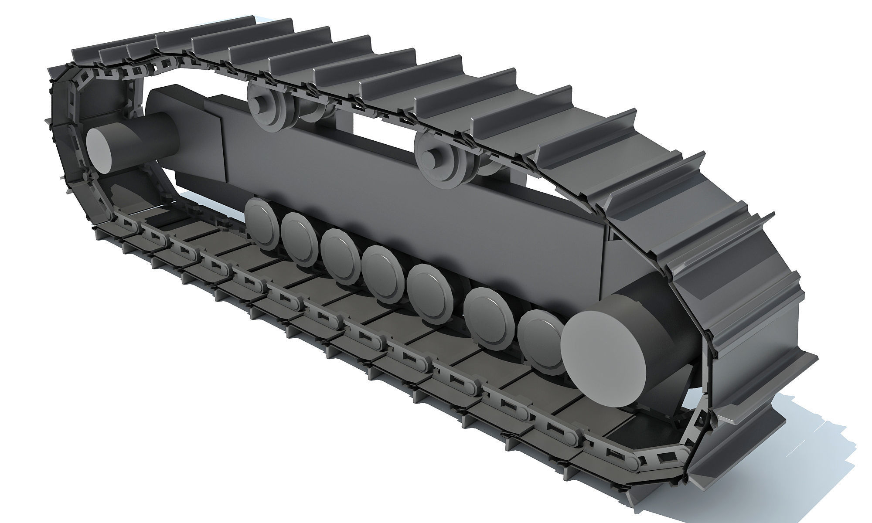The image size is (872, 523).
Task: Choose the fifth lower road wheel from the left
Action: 428,288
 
